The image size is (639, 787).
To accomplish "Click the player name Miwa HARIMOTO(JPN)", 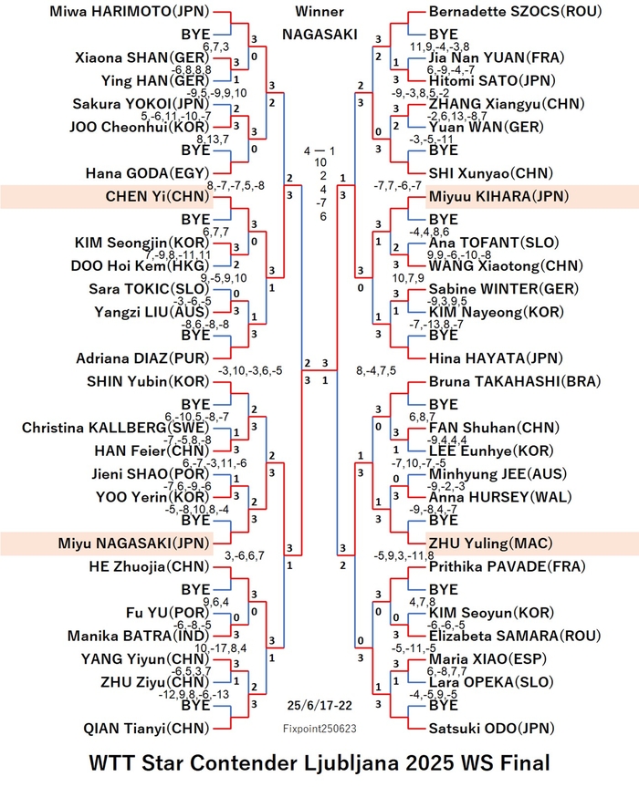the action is point(129,12).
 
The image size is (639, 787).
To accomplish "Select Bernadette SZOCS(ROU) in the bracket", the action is point(515,12).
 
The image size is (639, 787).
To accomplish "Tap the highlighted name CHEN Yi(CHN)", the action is point(157,196).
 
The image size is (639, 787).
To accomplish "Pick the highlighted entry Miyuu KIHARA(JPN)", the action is point(498,196).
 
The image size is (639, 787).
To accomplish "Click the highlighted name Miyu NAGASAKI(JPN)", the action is point(133,544).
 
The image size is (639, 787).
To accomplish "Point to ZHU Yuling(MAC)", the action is point(490,544).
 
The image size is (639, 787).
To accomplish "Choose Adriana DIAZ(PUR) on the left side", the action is point(142,358).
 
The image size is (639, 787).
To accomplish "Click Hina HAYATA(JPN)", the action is point(496,358).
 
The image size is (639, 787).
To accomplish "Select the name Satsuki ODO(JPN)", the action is point(491,729).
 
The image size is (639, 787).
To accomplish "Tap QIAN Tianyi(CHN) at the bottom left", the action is point(146,729).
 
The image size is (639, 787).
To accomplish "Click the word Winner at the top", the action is point(319,11).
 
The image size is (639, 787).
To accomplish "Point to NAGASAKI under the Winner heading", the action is point(319,34).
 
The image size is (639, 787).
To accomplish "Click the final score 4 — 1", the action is point(319,150).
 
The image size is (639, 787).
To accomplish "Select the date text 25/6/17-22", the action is point(319,705).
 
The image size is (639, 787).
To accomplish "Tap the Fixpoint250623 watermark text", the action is point(319,729).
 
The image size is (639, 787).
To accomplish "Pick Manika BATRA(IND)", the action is point(138,636).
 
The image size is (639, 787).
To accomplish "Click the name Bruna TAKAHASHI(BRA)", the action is point(515,381).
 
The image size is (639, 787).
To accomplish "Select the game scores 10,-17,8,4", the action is point(221,648).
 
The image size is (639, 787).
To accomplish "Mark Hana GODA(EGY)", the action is point(147,173).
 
